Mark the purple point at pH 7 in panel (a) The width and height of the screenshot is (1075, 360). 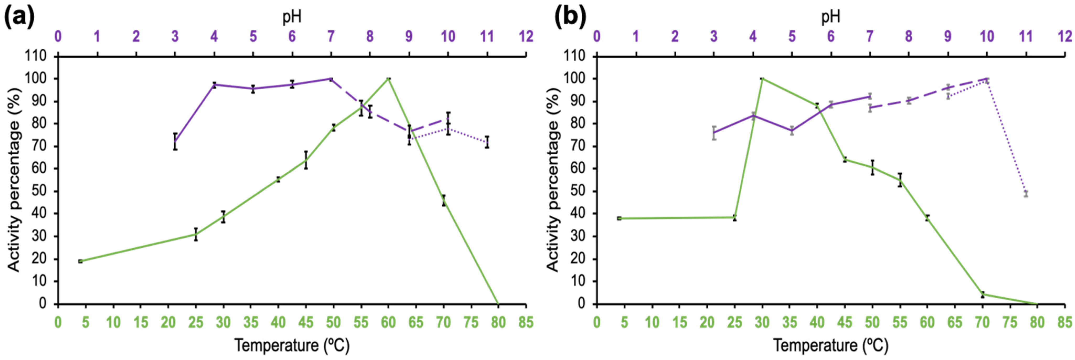click(331, 79)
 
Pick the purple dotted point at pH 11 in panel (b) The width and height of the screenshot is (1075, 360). click(1026, 194)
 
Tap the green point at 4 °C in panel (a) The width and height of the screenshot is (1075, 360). click(80, 261)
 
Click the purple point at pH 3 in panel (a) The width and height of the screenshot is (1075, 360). click(175, 142)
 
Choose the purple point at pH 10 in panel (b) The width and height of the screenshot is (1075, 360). click(987, 79)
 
